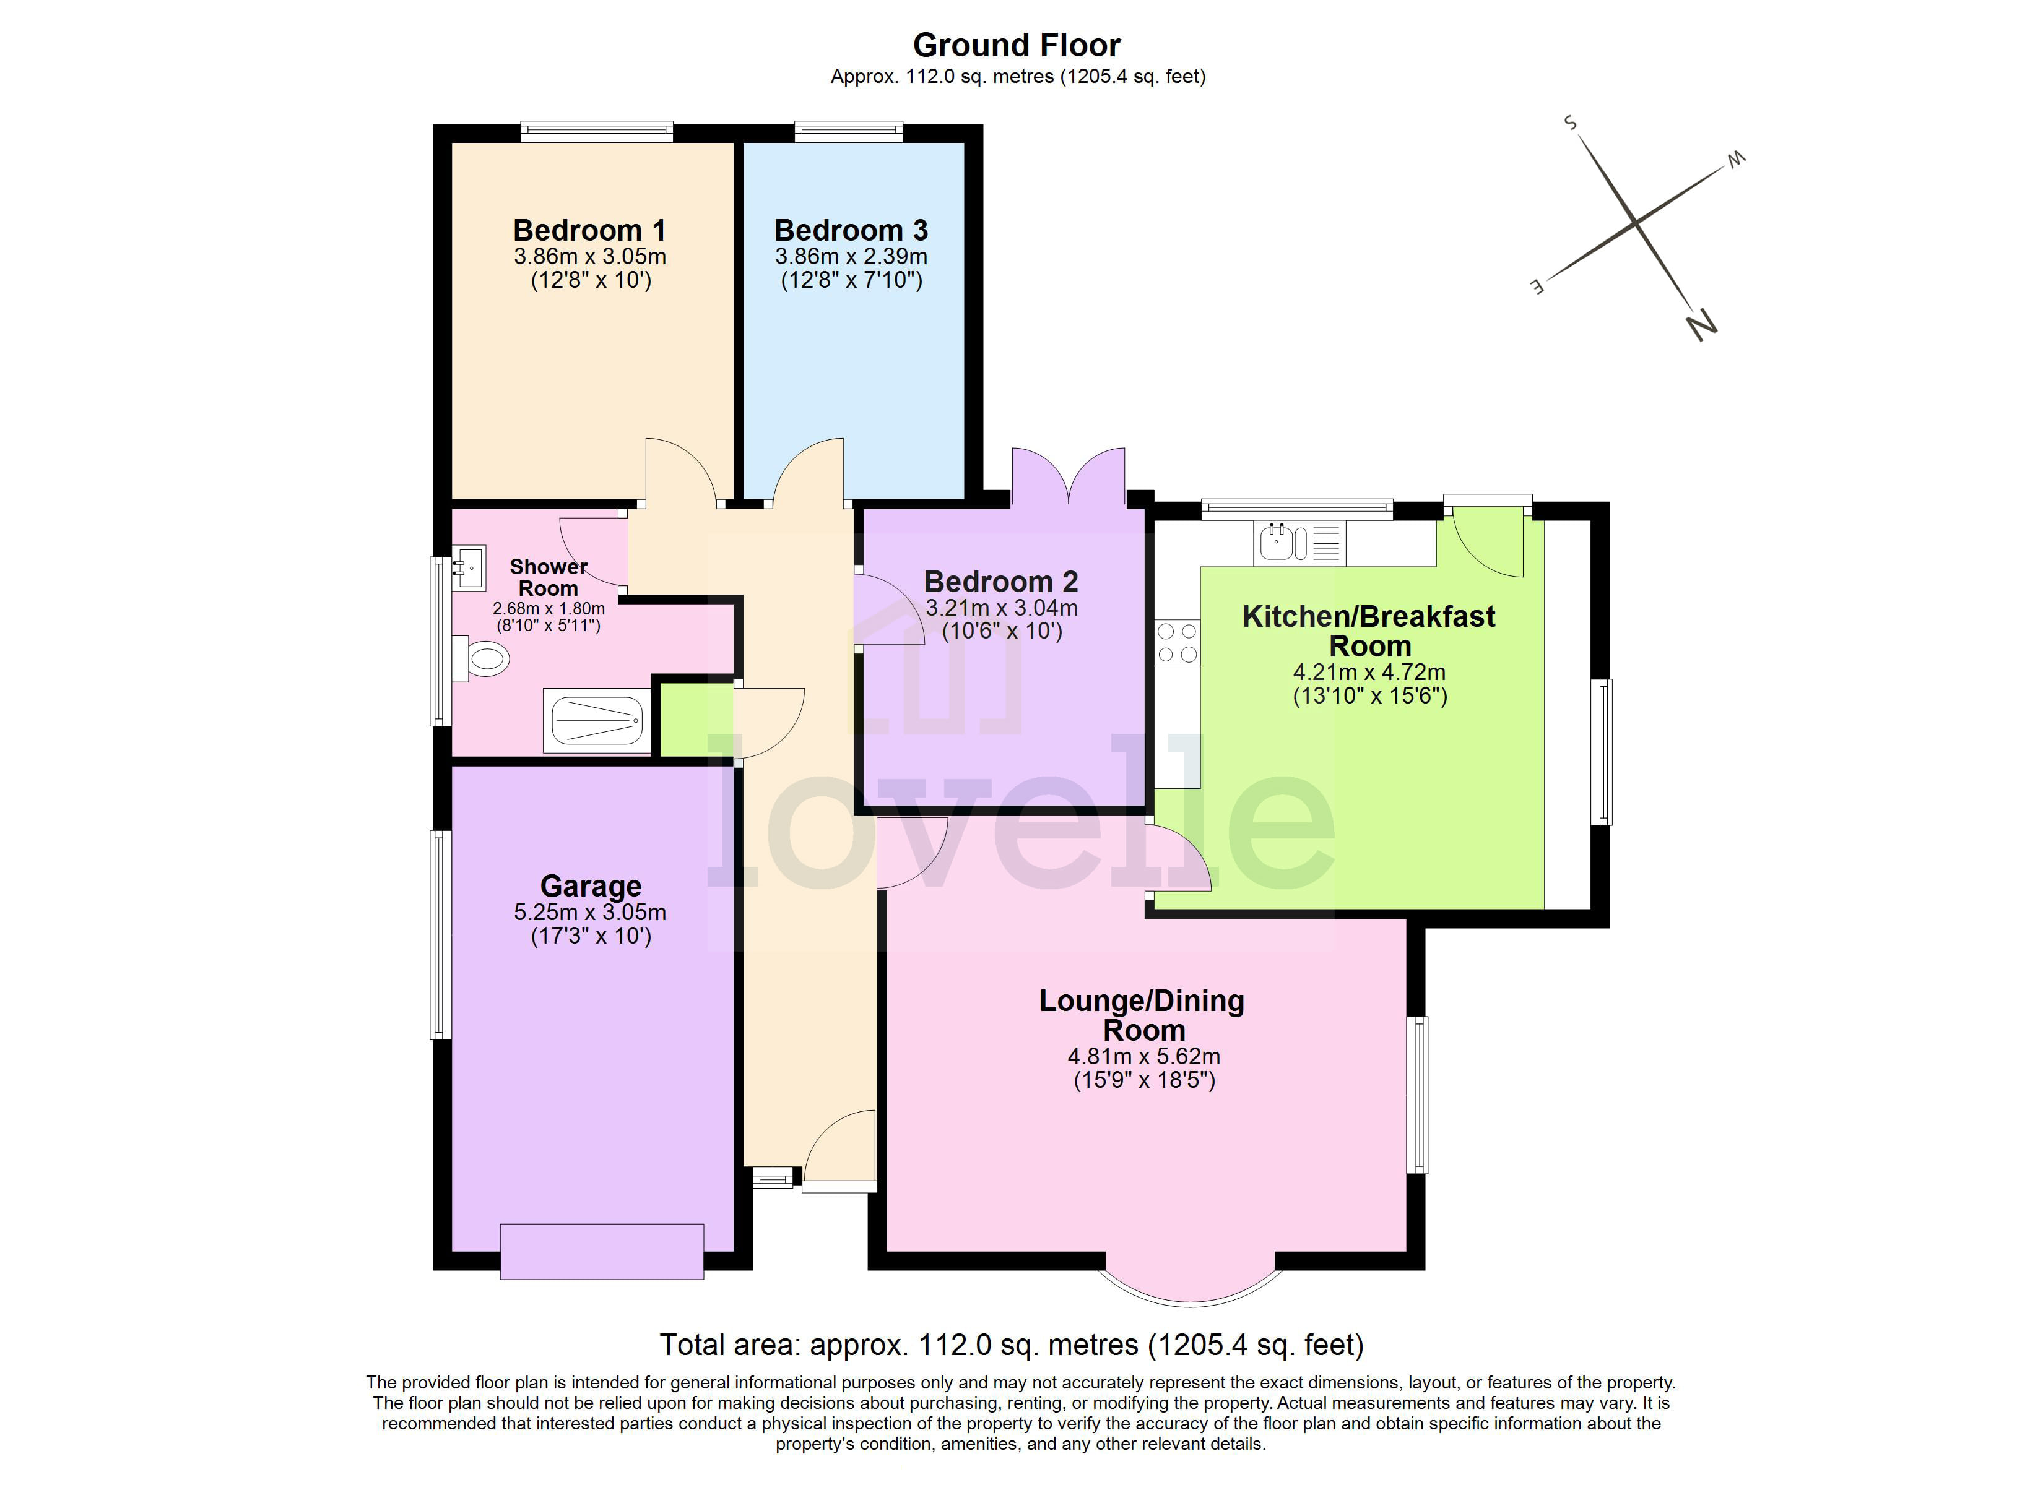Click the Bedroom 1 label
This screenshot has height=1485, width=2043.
(x=589, y=231)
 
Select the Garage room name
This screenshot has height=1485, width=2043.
(x=590, y=886)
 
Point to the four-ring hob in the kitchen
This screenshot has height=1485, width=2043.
(x=1178, y=642)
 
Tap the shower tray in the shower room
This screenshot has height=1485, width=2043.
(x=596, y=720)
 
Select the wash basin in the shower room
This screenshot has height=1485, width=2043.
(x=469, y=568)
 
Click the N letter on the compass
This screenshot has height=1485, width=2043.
(x=1700, y=324)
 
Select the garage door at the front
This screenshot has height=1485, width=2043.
(x=602, y=1251)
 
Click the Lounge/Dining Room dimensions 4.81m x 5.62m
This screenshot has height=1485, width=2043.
(x=1143, y=1056)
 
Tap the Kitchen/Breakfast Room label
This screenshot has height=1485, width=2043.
(x=1368, y=631)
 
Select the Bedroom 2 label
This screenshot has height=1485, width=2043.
(x=1001, y=582)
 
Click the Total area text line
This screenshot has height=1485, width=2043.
(x=1011, y=1345)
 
